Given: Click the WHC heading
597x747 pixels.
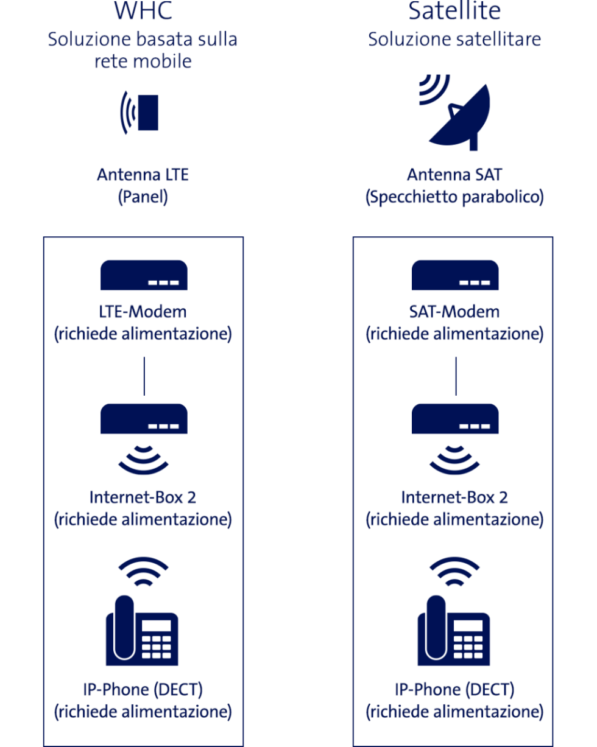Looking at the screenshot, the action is pos(143,10).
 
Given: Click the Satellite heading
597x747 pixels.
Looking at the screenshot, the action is pos(454,10).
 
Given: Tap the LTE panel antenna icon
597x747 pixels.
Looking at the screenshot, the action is pos(140,113).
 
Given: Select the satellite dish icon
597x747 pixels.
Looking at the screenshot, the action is pos(455,113).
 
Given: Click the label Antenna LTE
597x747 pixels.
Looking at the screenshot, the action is pos(143,175).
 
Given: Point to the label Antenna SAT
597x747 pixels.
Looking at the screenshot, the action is pos(454,175).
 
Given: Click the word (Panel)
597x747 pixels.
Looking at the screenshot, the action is pos(143,197).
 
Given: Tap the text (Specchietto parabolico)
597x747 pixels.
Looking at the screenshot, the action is pos(454,197).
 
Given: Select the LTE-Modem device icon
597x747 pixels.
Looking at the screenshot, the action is pos(144,275).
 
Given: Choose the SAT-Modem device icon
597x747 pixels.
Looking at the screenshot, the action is pos(455,275).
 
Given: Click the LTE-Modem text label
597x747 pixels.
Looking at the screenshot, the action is pos(143,312).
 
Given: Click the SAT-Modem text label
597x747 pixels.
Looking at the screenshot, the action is pos(454,312).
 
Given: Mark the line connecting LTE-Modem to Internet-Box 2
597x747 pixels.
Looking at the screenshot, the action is pos(144,376).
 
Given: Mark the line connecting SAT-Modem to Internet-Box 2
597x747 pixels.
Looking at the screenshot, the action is pos(456,376).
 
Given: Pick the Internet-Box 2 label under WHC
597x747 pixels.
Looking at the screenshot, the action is pos(143,497).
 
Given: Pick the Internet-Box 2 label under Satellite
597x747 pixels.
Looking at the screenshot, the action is pos(454,497).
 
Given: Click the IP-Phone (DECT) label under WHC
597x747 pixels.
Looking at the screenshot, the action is pos(143,690).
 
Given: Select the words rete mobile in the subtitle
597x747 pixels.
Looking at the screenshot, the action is pos(143,61).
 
